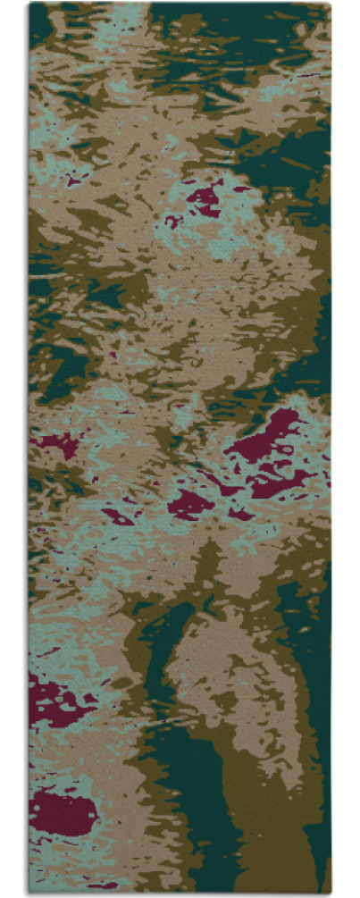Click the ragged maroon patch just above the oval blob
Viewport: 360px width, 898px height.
[54, 702]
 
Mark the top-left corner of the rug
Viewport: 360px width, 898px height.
[29, 4]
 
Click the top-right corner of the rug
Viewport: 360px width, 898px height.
[330, 4]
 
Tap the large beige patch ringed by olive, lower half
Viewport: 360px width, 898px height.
[214, 679]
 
